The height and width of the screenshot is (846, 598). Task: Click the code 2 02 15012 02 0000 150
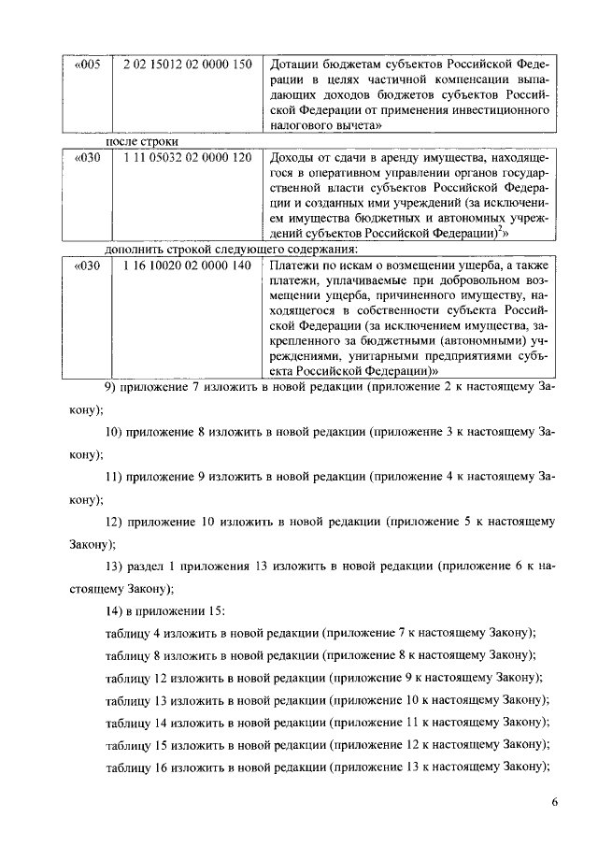pos(187,65)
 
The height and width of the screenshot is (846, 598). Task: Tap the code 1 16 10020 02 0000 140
pos(187,265)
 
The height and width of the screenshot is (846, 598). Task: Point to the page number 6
pos(553,802)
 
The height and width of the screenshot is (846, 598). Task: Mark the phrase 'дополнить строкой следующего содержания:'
pos(230,249)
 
